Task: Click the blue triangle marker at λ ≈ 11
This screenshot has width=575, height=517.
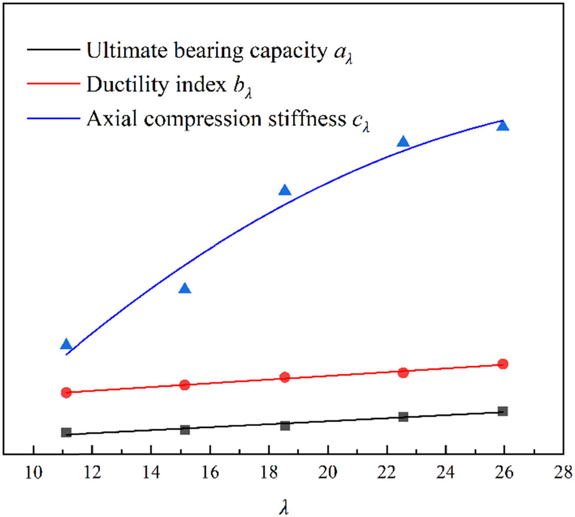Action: click(x=66, y=344)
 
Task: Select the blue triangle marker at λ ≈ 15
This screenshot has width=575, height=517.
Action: click(x=185, y=288)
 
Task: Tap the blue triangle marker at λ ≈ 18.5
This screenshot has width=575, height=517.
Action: click(x=285, y=190)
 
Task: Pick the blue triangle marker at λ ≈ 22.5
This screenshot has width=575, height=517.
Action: click(x=403, y=141)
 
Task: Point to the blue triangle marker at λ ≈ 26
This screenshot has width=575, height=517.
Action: click(x=502, y=126)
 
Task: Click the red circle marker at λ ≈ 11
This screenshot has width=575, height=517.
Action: click(x=66, y=393)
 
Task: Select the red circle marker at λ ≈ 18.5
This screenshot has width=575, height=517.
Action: click(x=285, y=377)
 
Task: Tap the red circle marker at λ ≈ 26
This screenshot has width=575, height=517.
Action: click(x=502, y=364)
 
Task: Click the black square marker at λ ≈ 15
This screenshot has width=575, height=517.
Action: click(x=185, y=430)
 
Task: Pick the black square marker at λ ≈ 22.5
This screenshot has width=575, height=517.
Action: click(x=403, y=417)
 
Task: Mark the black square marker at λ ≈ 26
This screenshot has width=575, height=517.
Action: click(x=502, y=411)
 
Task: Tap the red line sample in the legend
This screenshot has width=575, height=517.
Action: click(x=52, y=84)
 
